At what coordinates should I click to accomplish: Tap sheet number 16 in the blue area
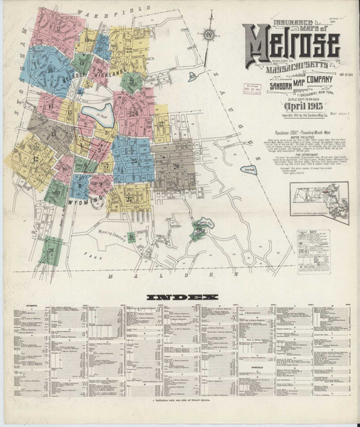coord(50,70)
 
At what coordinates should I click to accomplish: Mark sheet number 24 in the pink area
coord(134,113)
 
